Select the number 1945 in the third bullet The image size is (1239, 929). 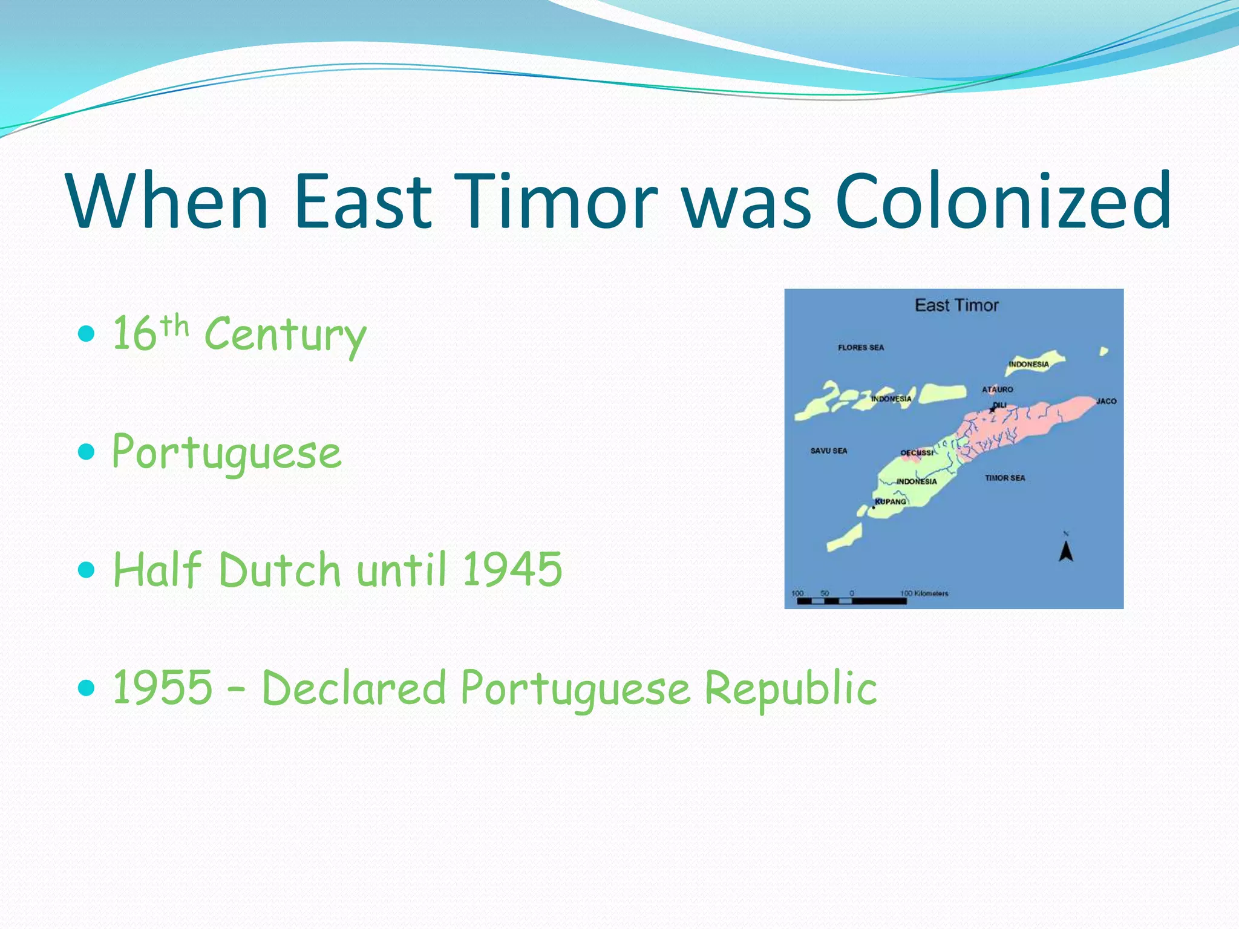512,569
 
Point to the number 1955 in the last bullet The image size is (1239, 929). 163,687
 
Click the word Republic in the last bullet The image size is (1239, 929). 791,687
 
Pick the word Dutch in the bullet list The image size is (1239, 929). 280,569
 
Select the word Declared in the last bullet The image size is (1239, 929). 354,687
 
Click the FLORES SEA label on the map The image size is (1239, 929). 860,348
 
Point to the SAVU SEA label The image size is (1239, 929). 828,451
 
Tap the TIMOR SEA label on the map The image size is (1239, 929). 1005,478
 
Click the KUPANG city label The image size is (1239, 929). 891,502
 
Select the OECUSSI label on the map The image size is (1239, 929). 916,453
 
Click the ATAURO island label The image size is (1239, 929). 997,390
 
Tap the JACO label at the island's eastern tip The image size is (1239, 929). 1106,402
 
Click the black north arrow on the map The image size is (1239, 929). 1066,551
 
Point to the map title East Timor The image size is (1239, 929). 956,305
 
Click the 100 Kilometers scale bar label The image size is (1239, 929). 924,593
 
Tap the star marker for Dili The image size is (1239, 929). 992,410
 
